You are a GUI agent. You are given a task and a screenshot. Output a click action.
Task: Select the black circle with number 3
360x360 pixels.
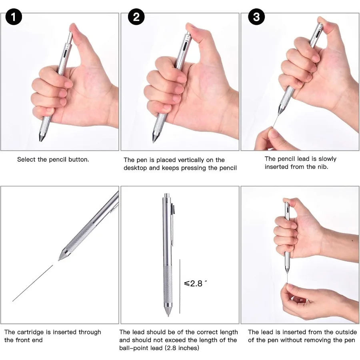coord(256,18)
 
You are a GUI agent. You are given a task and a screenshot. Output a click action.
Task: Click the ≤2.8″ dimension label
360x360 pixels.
coord(196,284)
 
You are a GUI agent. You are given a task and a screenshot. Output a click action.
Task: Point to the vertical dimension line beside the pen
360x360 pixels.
coord(180,286)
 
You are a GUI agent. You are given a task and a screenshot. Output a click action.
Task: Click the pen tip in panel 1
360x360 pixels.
coord(41,138)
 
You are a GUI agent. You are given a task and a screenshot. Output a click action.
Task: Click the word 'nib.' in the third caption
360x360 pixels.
coord(322,166)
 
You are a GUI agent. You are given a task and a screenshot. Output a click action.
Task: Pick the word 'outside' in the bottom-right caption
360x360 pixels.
coord(343,332)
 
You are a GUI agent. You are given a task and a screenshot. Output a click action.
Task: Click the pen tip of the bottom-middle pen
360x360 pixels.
coord(168,315)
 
